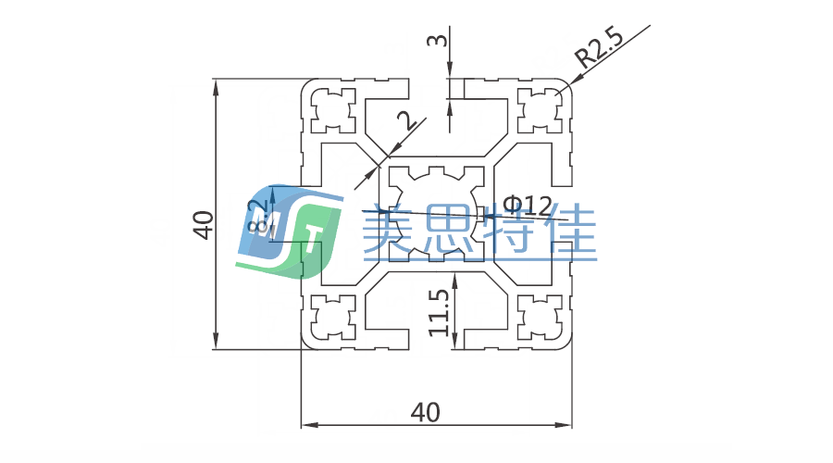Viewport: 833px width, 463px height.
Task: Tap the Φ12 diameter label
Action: coord(529,204)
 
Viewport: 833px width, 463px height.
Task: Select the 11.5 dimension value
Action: coord(440,311)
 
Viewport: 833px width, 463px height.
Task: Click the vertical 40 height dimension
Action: coord(203,224)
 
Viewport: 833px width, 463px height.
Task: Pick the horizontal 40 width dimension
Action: coord(425,411)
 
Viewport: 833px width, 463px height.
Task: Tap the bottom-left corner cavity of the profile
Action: coord(332,318)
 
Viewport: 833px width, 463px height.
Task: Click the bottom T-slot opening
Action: coord(437,341)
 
